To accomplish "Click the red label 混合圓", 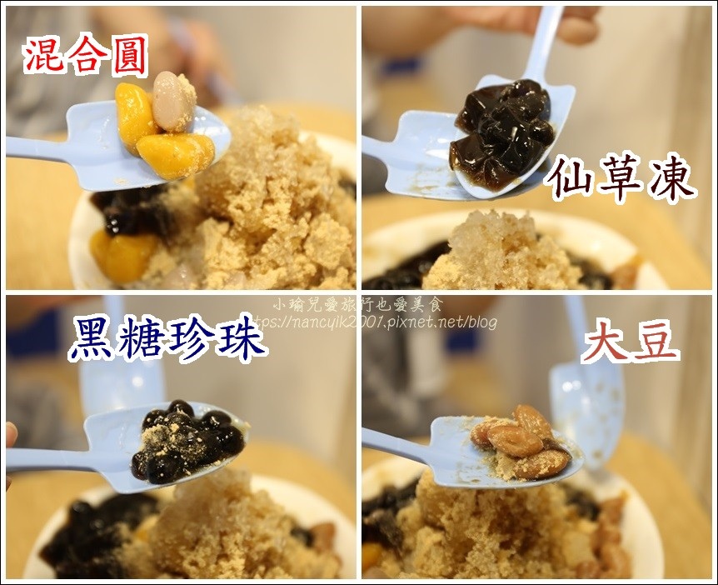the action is coord(85,56).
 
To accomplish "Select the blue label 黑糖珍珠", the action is coord(167,338).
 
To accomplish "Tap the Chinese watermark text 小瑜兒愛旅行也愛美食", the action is coord(358,304).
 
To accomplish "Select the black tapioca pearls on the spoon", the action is coord(187,441).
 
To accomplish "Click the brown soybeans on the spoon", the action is coord(520,439).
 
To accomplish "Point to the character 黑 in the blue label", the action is coord(91,338).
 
